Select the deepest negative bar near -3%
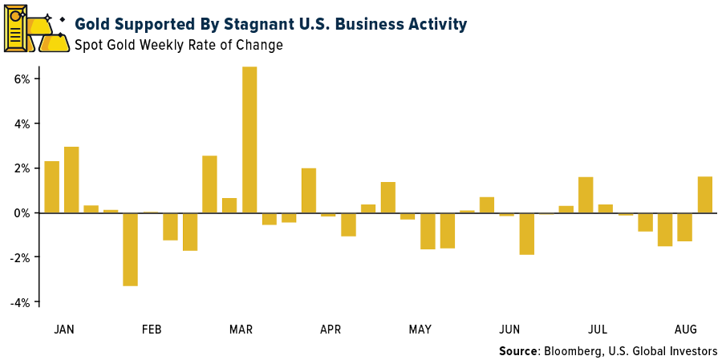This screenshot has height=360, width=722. (130, 249)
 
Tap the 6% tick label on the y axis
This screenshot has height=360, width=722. (22, 79)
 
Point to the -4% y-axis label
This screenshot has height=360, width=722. (20, 302)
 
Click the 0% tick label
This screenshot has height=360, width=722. (22, 213)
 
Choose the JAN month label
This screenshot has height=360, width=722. (64, 330)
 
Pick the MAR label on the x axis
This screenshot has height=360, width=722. (241, 330)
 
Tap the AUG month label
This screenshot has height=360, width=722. (685, 330)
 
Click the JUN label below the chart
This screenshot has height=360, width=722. (509, 330)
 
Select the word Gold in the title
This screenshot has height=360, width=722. (95, 24)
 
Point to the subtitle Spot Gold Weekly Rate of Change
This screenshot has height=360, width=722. (179, 45)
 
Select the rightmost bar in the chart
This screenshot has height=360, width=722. (704, 195)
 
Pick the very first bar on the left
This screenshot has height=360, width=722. (51, 187)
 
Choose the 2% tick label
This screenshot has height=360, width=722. (22, 168)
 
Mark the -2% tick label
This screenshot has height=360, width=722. (20, 257)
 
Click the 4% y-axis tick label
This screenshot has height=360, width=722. (22, 124)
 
